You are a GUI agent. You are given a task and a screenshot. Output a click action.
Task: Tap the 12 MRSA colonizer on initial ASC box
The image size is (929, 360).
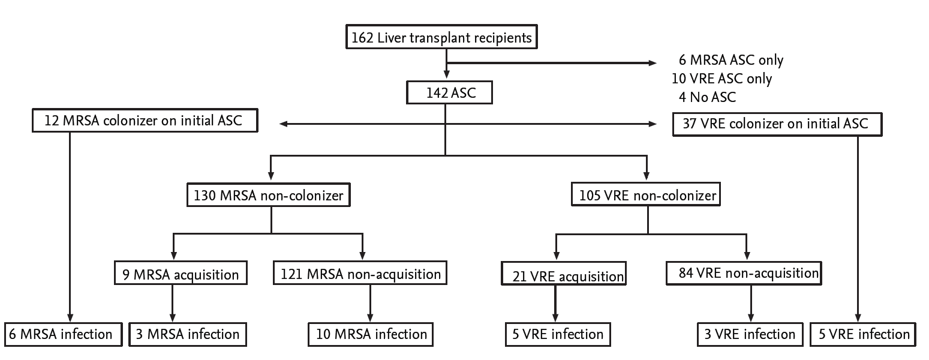[144, 122]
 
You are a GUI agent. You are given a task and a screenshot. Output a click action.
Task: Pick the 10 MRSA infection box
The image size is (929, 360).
[371, 334]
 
